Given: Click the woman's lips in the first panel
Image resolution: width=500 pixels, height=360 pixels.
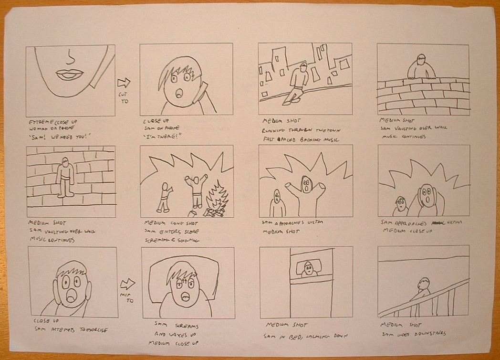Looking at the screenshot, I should click(x=70, y=74).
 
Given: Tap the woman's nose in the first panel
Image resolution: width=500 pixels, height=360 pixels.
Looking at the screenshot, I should click(x=70, y=59).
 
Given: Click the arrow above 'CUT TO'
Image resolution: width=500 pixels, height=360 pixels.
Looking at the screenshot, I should click(x=124, y=83).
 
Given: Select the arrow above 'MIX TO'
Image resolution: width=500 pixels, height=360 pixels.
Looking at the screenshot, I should click(x=127, y=284).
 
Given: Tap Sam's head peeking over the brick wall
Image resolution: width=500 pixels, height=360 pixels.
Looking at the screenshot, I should click(x=421, y=61).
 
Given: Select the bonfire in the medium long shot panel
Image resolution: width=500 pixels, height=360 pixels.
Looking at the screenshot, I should click(x=217, y=199).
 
